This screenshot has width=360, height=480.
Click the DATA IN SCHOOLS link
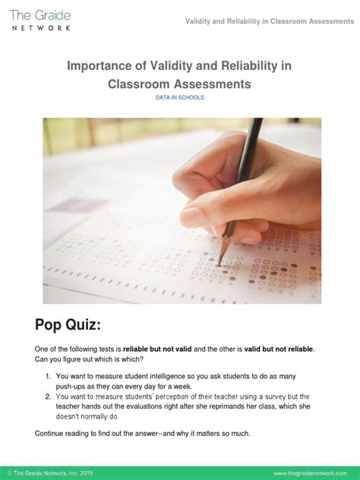point(179,98)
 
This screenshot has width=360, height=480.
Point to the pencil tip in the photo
point(221,263)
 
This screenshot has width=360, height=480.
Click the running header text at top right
point(269,21)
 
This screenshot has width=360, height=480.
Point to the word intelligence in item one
point(161,376)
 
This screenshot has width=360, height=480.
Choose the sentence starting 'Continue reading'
point(143,433)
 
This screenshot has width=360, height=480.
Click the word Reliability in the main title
point(245,66)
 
